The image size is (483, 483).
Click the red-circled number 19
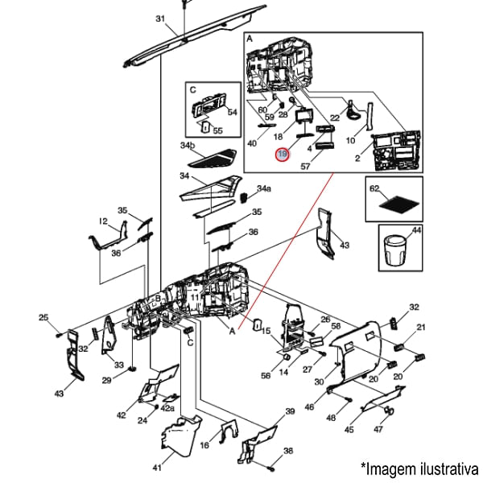coord(282,154)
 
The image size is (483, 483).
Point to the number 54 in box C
coord(233,113)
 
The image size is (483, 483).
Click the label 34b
coord(187,146)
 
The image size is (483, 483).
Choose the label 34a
coord(264,188)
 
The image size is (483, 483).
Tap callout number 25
coord(44,318)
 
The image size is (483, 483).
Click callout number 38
coord(288,451)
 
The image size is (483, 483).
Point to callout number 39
coord(290,411)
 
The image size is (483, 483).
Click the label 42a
coord(167,408)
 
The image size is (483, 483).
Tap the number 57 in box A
coord(305,167)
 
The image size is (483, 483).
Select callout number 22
coord(335,118)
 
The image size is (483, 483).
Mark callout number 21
coord(420,328)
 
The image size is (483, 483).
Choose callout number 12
coord(103,221)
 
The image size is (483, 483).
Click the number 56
coord(266,376)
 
